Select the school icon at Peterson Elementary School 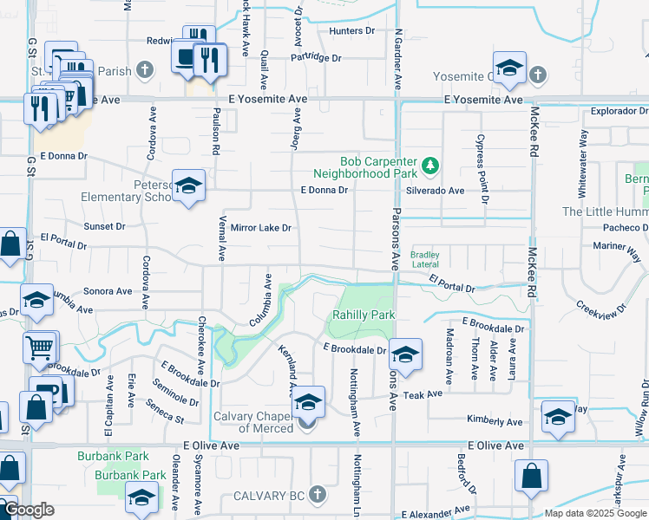[x=188, y=186]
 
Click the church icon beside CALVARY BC [x=318, y=495]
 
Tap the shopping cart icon [x=39, y=348]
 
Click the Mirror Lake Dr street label [x=259, y=228]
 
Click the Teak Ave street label [x=428, y=393]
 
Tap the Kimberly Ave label [x=495, y=421]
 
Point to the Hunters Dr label [x=351, y=31]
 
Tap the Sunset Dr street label [x=104, y=226]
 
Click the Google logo [x=29, y=510]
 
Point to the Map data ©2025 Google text [x=594, y=513]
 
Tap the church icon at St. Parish [x=146, y=68]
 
